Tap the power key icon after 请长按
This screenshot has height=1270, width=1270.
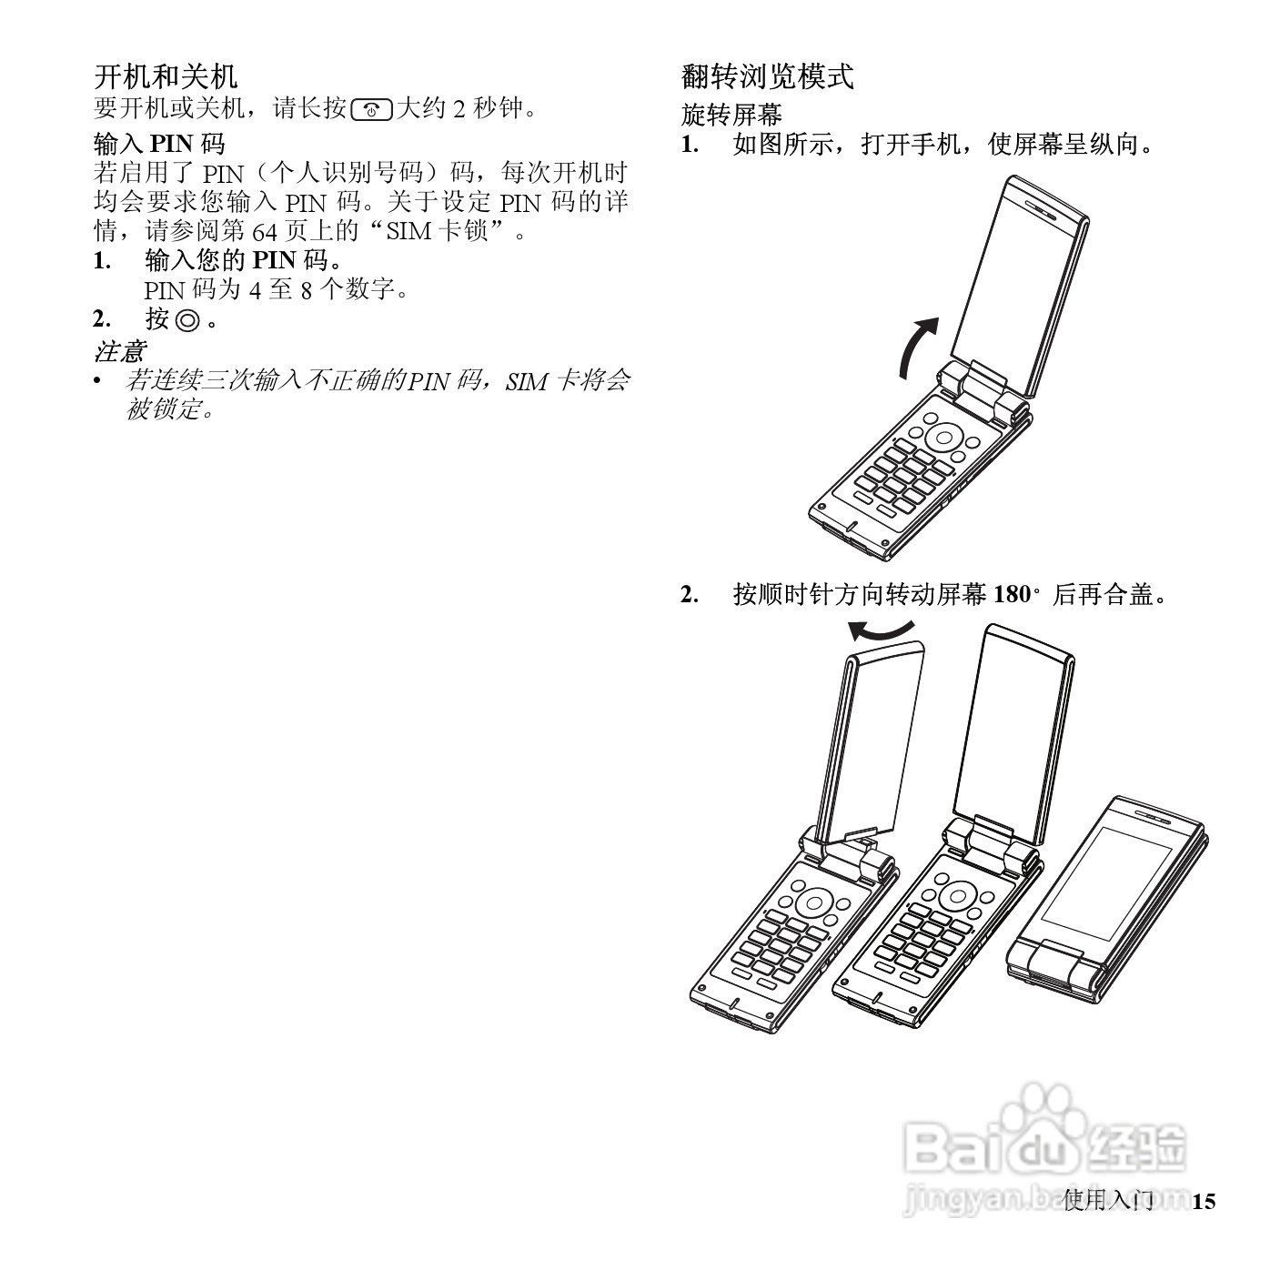pos(371,110)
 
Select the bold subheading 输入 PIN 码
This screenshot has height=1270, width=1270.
pos(159,143)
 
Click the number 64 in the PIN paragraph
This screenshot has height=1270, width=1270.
pos(264,231)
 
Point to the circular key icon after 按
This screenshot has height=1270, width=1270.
pos(187,320)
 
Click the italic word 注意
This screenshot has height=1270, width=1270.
pos(119,350)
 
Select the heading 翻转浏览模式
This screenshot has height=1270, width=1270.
pos(768,76)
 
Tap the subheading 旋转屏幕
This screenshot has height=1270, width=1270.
pos(731,116)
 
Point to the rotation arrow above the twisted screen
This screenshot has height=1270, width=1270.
pos(881,631)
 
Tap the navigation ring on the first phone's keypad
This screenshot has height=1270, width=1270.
pos(945,437)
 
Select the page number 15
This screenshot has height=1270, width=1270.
pos(1203,1202)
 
